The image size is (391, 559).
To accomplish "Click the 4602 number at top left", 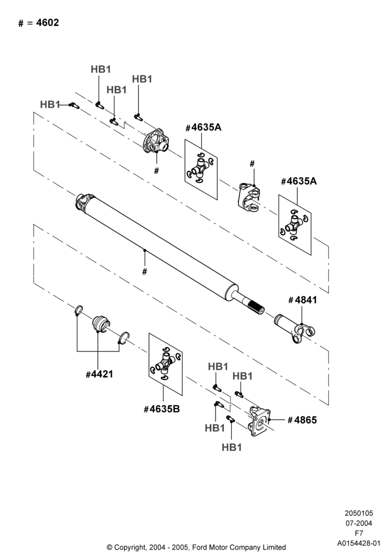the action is pyautogui.click(x=47, y=23).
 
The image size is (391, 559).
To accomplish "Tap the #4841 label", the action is pyautogui.click(x=302, y=300).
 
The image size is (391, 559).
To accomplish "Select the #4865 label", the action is pyautogui.click(x=302, y=420).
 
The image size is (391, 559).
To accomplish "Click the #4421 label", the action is pyautogui.click(x=99, y=375).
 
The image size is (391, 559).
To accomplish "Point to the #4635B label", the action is pyautogui.click(x=161, y=409).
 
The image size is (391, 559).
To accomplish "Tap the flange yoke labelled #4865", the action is pyautogui.click(x=259, y=421).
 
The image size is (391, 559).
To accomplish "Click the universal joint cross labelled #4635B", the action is pyautogui.click(x=165, y=364).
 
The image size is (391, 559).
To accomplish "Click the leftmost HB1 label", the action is pyautogui.click(x=50, y=105).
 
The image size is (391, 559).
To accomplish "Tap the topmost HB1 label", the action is pyautogui.click(x=101, y=69).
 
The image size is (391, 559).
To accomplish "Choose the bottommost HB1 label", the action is pyautogui.click(x=232, y=447).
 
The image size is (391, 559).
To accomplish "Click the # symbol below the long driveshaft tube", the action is pyautogui.click(x=145, y=272).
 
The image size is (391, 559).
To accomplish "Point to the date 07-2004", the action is pyautogui.click(x=359, y=523).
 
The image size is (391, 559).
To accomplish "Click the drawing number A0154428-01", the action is pyautogui.click(x=359, y=543).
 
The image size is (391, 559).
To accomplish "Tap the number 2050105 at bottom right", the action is pyautogui.click(x=359, y=513).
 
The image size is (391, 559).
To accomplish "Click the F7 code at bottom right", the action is pyautogui.click(x=359, y=533).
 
